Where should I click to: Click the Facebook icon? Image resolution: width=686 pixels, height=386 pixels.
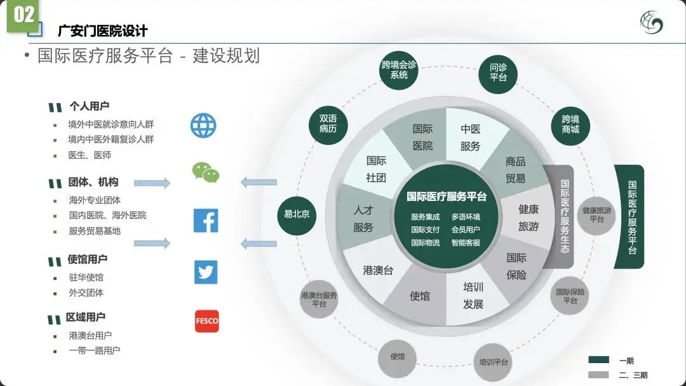[x=205, y=221]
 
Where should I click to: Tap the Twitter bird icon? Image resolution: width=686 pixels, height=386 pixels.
[x=206, y=272]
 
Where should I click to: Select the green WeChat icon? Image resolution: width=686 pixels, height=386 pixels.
[x=206, y=172]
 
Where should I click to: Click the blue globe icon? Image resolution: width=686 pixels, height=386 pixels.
[x=204, y=126]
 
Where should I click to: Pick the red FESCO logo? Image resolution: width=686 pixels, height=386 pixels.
[x=206, y=321]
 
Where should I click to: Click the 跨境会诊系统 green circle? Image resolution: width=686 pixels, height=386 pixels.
[x=399, y=70]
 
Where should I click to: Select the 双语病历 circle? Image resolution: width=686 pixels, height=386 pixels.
[x=328, y=123]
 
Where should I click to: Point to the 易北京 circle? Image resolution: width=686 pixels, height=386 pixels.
[x=297, y=214]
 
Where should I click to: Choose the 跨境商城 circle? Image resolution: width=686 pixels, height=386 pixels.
[x=570, y=124]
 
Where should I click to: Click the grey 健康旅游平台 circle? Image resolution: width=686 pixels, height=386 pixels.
[x=596, y=215]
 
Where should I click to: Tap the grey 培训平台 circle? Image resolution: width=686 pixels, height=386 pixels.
[x=494, y=362]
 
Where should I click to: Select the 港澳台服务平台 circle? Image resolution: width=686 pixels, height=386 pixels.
[x=319, y=300]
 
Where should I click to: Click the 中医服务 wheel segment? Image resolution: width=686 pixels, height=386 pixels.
[x=471, y=137]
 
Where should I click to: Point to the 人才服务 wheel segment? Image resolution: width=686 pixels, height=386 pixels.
[x=363, y=218]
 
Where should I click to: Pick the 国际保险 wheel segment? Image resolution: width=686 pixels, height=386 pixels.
[x=516, y=266]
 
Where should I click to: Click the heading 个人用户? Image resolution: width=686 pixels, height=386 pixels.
[x=89, y=106]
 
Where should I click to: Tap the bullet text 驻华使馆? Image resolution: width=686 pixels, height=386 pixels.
[x=86, y=277]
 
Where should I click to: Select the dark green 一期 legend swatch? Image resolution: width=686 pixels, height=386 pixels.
[x=598, y=360]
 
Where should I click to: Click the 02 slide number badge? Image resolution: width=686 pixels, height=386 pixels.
[x=24, y=15]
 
